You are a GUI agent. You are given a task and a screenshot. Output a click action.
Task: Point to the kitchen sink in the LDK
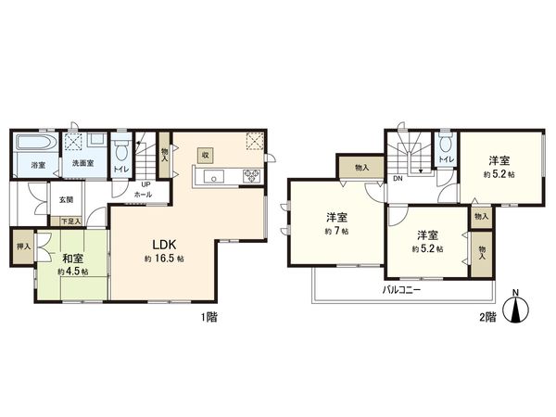tap(212, 176)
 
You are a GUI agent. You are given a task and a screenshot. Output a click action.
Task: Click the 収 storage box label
tap(209, 154)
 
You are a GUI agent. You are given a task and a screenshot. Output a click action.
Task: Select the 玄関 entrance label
tap(67, 198)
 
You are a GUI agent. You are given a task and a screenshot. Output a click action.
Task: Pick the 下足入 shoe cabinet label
tap(69, 221)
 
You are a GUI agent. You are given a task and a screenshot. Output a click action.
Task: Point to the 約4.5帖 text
tap(71, 272)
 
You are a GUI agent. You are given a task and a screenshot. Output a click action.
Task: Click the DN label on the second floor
tap(397, 178)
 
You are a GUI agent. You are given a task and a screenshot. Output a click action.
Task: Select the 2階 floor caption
tap(487, 316)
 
